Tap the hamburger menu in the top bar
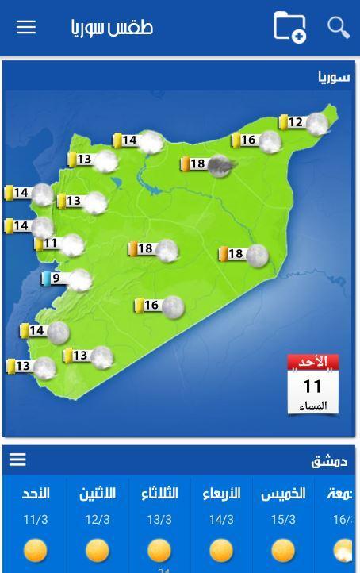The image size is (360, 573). (26, 27)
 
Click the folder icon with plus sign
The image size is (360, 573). (289, 26)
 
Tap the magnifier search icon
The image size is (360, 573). (339, 27)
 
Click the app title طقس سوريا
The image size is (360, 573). (112, 27)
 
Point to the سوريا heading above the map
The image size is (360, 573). (334, 78)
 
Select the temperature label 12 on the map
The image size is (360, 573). (295, 122)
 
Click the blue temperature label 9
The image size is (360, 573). (56, 278)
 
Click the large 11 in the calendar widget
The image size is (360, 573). (312, 386)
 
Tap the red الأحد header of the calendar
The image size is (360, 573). (312, 362)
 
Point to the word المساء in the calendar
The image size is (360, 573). (312, 406)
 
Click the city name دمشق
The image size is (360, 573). (329, 461)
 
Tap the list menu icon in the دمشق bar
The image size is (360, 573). (17, 460)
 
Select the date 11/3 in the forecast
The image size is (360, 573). (36, 520)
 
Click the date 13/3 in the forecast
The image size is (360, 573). (159, 520)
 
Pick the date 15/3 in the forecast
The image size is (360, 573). (283, 520)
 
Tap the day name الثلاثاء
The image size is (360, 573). (159, 494)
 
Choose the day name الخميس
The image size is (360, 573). (283, 494)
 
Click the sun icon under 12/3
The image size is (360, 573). (98, 550)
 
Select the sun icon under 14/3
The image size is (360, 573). (221, 550)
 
